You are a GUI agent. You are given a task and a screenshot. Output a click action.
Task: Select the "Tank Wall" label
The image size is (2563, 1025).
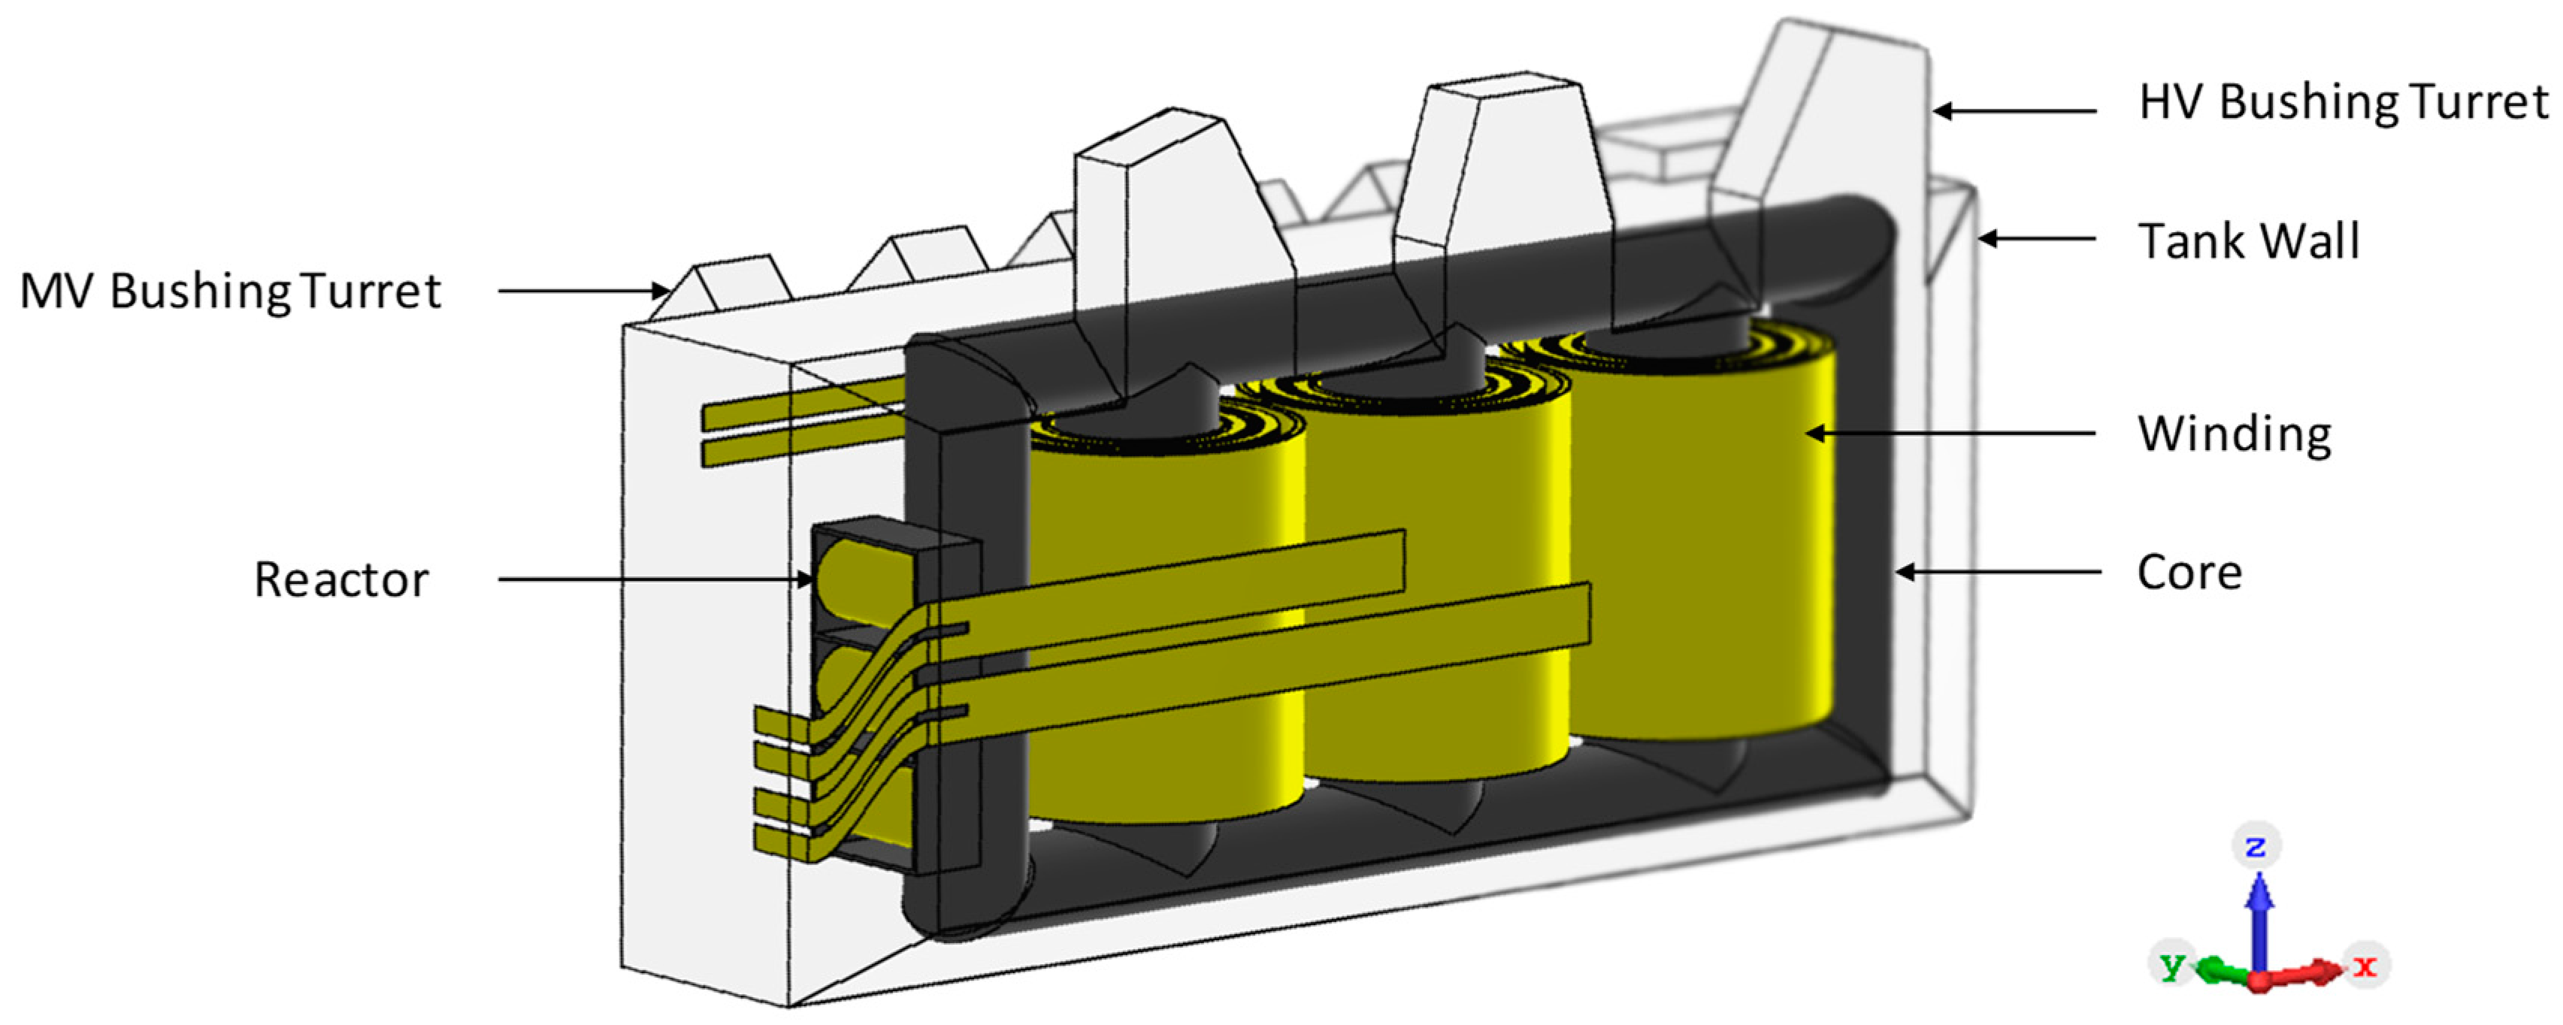(x=2249, y=240)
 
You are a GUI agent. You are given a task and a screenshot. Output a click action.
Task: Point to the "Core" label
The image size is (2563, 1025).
(x=2189, y=572)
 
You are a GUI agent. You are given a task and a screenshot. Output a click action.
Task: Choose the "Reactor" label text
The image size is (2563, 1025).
(x=341, y=580)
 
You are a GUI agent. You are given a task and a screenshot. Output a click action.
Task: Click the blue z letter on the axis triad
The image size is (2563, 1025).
(x=2256, y=846)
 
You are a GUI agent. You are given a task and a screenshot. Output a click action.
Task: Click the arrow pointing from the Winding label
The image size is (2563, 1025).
(x=1951, y=433)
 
